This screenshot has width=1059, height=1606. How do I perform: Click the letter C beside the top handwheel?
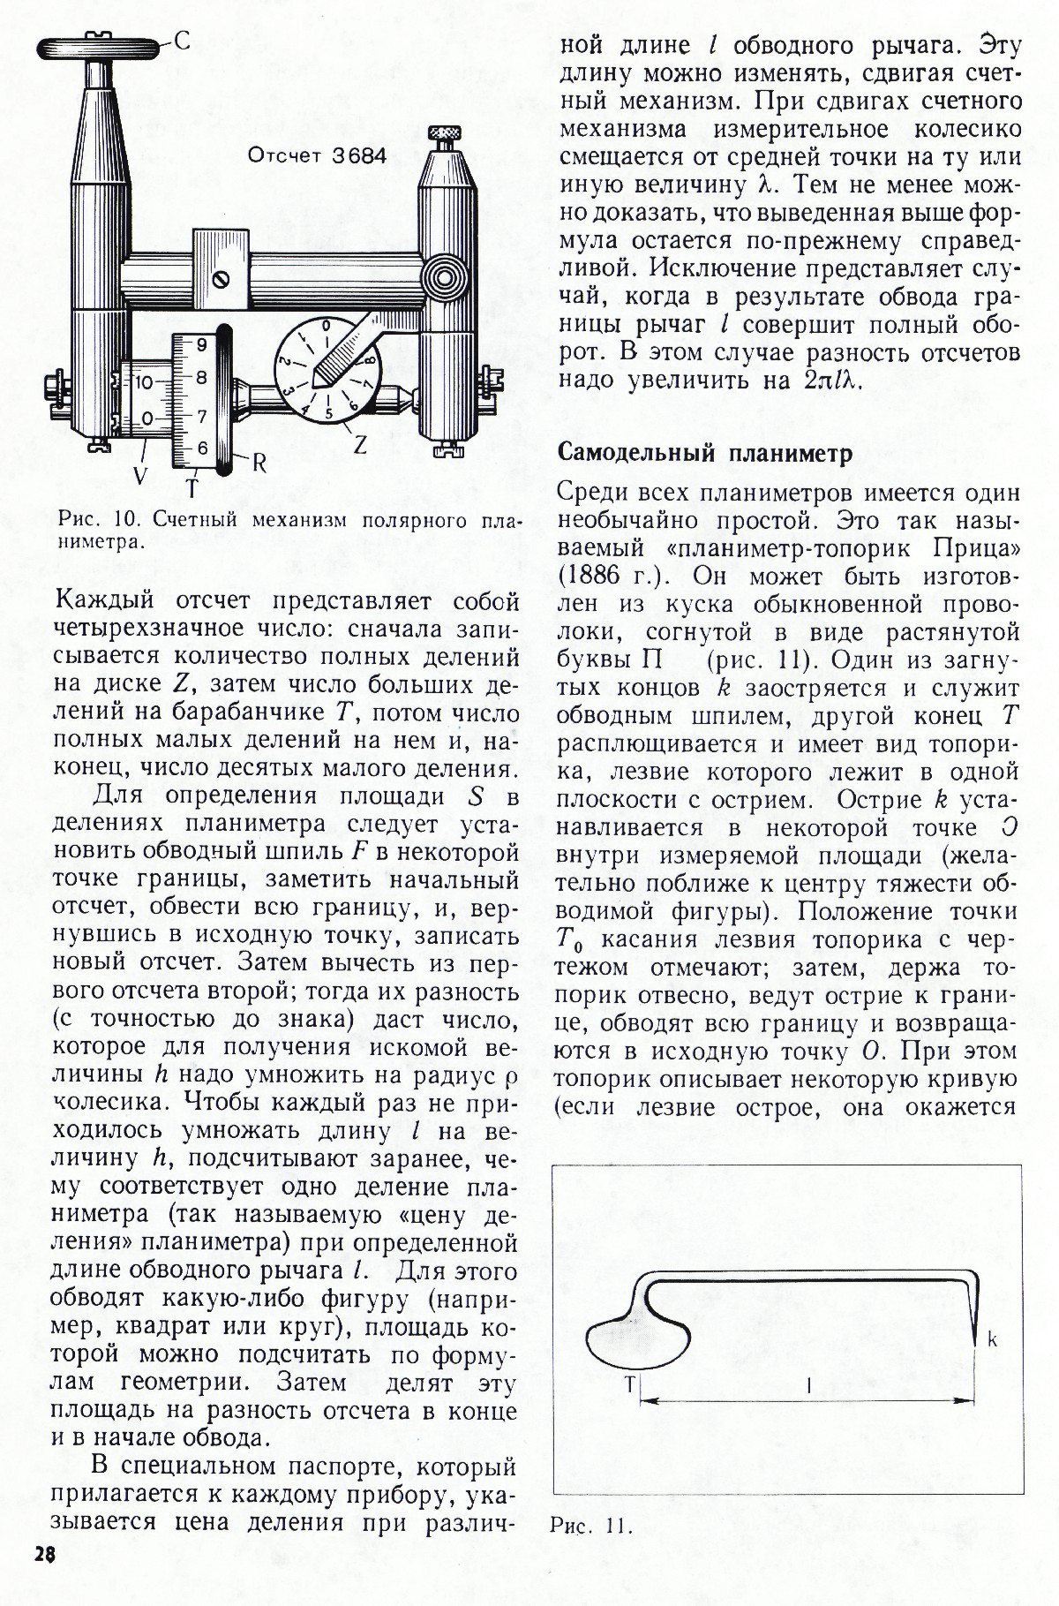click(181, 40)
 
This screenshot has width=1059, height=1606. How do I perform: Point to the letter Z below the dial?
click(360, 446)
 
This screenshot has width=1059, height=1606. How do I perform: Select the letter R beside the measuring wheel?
click(259, 463)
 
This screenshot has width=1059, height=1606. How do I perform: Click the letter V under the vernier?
click(140, 476)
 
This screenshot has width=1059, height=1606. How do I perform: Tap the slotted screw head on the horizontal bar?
click(221, 279)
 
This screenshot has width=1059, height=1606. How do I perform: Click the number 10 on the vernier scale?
click(144, 382)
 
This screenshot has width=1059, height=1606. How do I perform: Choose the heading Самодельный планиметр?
click(706, 454)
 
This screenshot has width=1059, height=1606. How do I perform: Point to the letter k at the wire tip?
click(992, 1339)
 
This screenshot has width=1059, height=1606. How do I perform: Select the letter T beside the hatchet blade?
click(629, 1384)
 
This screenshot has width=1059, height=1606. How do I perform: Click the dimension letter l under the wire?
click(808, 1386)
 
